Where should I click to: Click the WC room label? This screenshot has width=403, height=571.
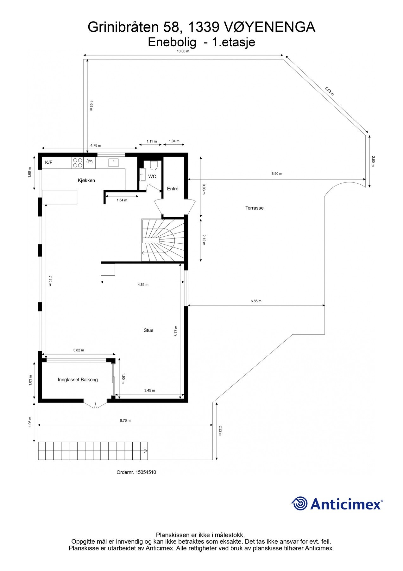click(152, 177)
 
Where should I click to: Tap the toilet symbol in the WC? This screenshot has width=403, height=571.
click(154, 165)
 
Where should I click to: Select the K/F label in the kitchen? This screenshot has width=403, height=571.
click(49, 163)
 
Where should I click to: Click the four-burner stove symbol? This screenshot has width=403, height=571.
click(78, 163)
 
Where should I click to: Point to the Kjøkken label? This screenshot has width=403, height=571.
click(86, 180)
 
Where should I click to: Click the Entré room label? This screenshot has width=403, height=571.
click(173, 189)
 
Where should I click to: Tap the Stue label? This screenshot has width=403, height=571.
click(148, 330)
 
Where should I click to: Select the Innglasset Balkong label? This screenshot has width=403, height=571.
click(78, 380)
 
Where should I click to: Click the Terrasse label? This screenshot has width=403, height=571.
click(254, 208)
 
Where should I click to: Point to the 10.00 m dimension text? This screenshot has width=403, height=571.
click(183, 51)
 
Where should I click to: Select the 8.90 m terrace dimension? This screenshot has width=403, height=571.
click(277, 174)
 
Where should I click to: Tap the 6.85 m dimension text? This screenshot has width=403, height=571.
click(256, 301)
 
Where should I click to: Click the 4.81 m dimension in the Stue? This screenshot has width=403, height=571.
click(143, 285)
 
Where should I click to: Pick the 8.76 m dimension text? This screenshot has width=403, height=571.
click(125, 421)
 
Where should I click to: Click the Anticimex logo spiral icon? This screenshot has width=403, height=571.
click(299, 503)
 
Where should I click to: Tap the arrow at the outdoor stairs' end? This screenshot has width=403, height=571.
click(145, 450)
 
